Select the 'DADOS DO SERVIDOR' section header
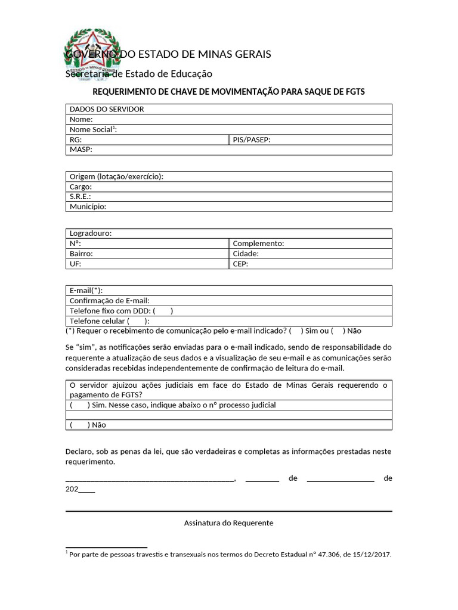pyautogui.click(x=107, y=109)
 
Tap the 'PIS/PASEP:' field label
pyautogui.click(x=252, y=140)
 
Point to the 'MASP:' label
pyautogui.click(x=81, y=150)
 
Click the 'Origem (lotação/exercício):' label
pyautogui.click(x=116, y=176)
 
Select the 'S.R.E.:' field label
pyautogui.click(x=81, y=197)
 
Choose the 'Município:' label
pyautogui.click(x=88, y=207)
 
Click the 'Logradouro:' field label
pyautogui.click(x=91, y=234)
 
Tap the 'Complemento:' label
pyautogui.click(x=258, y=244)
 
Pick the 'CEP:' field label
pyautogui.click(x=240, y=264)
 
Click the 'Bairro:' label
pyautogui.click(x=81, y=254)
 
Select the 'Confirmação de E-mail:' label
pyautogui.click(x=109, y=301)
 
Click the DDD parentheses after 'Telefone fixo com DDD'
pyautogui.click(x=163, y=311)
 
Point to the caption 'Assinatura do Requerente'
pyautogui.click(x=228, y=523)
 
